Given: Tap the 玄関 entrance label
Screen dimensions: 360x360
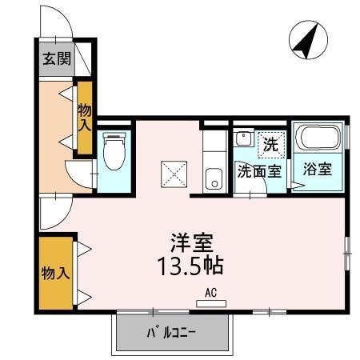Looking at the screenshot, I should click(56, 58).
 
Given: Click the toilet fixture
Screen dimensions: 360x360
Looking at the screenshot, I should click(112, 152).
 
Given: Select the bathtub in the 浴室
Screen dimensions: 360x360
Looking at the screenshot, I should click(318, 139).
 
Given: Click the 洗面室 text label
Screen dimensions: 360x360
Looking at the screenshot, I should click(258, 170).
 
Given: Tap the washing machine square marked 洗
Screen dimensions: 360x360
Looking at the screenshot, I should click(272, 144).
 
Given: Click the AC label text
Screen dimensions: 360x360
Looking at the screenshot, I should click(211, 292).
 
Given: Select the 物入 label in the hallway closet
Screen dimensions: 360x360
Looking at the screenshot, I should click(84, 118).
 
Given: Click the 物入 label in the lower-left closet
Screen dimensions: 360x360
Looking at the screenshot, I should click(54, 273).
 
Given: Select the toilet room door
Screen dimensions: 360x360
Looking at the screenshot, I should click(81, 172).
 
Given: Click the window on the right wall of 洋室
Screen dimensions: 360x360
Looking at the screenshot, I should click(347, 252).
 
